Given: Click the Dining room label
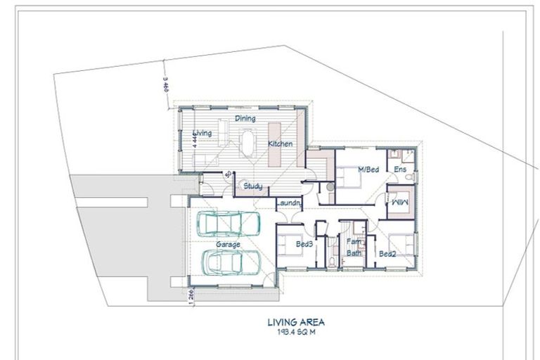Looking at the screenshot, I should pyautogui.click(x=245, y=119).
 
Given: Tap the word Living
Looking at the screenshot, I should pyautogui.click(x=202, y=133).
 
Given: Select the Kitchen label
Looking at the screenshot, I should pyautogui.click(x=280, y=144).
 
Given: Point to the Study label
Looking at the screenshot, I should pyautogui.click(x=252, y=186).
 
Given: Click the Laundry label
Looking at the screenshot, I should pyautogui.click(x=288, y=204).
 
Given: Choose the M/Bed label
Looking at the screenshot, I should pyautogui.click(x=368, y=170).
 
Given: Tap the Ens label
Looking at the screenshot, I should pyautogui.click(x=400, y=170).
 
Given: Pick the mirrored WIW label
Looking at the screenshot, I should pyautogui.click(x=399, y=202).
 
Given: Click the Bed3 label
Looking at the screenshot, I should pyautogui.click(x=304, y=244).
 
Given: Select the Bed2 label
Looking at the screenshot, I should pyautogui.click(x=387, y=253).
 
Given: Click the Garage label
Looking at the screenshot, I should pyautogui.click(x=228, y=245).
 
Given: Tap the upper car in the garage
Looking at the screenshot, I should pyautogui.click(x=221, y=224).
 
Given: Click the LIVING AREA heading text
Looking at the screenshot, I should pyautogui.click(x=295, y=323).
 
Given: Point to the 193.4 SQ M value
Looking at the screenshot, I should pyautogui.click(x=295, y=333).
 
